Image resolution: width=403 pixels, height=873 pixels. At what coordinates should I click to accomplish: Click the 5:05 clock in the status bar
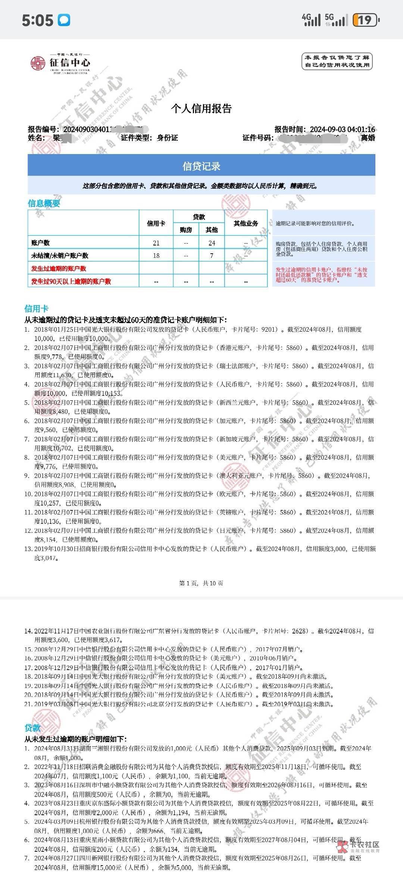37,20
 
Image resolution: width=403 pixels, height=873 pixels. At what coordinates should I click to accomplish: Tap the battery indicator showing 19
365,20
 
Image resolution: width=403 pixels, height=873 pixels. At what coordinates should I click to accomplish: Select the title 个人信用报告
201,109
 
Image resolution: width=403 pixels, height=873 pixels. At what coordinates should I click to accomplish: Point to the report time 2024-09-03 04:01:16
342,129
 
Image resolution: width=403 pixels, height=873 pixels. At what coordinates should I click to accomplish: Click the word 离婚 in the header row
368,138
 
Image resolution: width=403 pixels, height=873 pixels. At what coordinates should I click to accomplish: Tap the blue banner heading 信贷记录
201,166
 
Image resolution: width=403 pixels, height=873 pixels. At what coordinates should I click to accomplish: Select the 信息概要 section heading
44,203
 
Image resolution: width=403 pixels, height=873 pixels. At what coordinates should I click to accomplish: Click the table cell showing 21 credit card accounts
156,243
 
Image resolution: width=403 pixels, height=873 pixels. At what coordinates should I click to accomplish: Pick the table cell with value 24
212,243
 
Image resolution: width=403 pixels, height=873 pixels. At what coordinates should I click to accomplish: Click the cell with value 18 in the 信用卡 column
156,256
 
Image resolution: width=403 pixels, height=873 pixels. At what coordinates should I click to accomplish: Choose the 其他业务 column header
246,223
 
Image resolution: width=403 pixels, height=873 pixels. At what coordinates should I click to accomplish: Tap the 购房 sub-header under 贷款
186,230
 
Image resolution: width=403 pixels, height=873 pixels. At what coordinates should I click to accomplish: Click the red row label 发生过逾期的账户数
59,269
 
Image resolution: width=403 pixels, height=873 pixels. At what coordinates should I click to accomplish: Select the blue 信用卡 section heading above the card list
36,309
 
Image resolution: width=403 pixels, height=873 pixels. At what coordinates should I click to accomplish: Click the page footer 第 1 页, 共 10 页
201,583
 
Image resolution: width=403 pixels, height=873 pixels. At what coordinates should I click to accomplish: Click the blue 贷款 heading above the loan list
32,728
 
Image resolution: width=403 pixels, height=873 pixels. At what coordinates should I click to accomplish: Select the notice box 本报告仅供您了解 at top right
337,62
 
